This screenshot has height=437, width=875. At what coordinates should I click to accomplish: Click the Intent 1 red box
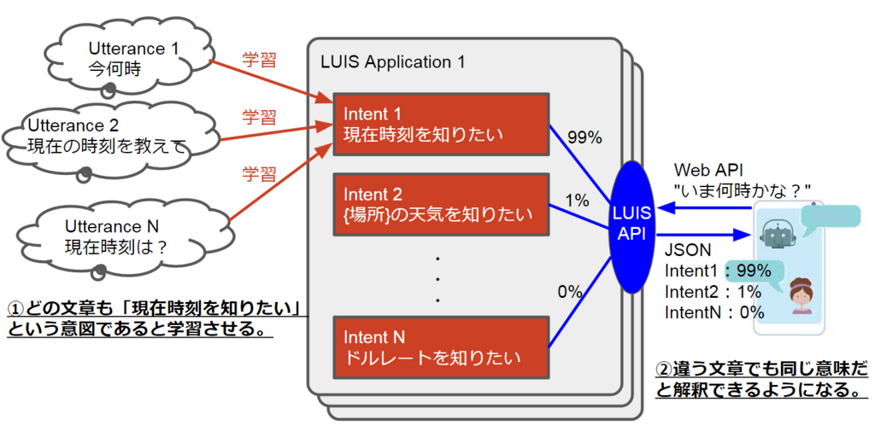tap(442, 125)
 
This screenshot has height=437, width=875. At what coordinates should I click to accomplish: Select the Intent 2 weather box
tap(442, 204)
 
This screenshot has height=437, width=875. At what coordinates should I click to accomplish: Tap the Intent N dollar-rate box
tap(442, 347)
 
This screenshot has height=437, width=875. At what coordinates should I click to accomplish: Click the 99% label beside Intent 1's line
tap(584, 137)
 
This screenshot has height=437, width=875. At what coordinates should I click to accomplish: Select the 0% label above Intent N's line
tap(570, 291)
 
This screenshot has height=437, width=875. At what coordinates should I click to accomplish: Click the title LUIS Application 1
tap(393, 61)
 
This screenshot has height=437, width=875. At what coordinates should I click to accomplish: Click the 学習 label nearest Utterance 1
tap(260, 61)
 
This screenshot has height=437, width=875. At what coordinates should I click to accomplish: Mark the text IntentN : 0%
tap(714, 312)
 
